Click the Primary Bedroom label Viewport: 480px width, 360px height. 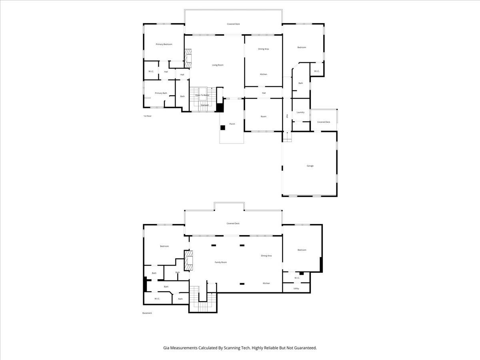pyautogui.click(x=164, y=44)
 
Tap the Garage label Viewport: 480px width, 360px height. pyautogui.click(x=310, y=166)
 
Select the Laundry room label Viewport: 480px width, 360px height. pyautogui.click(x=301, y=112)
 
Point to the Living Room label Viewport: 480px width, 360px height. pyautogui.click(x=218, y=65)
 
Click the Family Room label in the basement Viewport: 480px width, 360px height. pyautogui.click(x=221, y=262)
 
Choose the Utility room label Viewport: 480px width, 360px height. pyautogui.click(x=296, y=288)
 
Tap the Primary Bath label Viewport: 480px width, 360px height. pyautogui.click(x=161, y=93)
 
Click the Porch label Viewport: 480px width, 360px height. pyautogui.click(x=232, y=124)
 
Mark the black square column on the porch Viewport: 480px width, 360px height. pyautogui.click(x=223, y=128)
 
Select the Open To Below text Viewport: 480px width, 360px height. pyautogui.click(x=202, y=95)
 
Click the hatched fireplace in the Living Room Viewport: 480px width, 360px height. pyautogui.click(x=188, y=58)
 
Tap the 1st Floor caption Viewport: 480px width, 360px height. pyautogui.click(x=148, y=116)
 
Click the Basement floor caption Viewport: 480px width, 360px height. pyautogui.click(x=147, y=313)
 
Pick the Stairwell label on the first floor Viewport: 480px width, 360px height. pyautogui.click(x=204, y=105)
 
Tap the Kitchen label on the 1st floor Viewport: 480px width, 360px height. pyautogui.click(x=264, y=74)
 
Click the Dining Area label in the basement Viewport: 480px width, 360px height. pyautogui.click(x=266, y=256)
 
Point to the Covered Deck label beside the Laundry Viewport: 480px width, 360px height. pyautogui.click(x=324, y=122)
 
